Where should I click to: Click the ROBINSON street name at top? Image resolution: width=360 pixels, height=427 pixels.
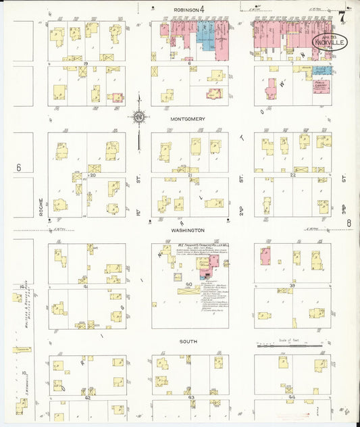click(x=186, y=10)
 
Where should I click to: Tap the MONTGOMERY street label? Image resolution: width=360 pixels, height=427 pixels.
click(x=187, y=119)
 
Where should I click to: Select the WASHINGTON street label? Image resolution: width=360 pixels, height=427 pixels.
click(x=188, y=230)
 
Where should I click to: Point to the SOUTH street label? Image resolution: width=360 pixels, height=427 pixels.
click(x=188, y=342)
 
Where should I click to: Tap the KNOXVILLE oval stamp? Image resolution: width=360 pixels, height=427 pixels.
click(x=330, y=44)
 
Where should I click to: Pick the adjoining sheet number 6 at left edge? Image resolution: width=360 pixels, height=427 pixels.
click(x=19, y=168)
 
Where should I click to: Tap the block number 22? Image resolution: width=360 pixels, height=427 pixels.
click(x=293, y=174)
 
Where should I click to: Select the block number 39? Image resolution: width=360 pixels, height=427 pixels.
click(x=293, y=286)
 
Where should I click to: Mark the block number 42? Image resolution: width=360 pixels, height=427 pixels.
click(x=88, y=398)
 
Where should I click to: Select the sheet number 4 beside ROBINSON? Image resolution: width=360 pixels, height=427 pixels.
click(x=201, y=9)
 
